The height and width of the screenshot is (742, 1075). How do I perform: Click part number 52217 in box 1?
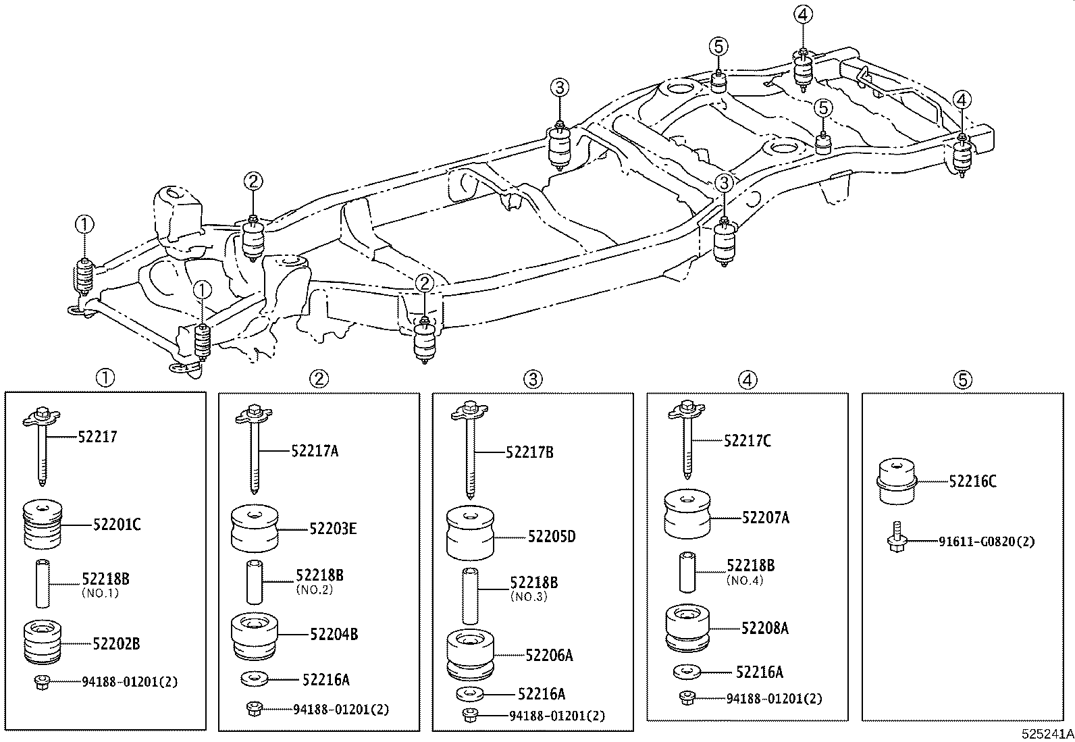coord(97,437)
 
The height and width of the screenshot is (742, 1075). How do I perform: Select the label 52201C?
coord(117,524)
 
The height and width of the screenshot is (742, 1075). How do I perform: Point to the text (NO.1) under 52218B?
coord(100,593)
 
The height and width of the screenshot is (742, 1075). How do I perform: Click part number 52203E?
coord(333,529)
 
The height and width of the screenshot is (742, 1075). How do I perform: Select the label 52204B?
coord(334,634)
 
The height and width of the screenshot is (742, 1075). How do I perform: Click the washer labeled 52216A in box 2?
coord(254,678)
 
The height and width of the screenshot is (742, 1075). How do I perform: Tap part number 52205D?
coord(552,537)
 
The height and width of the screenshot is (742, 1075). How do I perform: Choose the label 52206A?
coord(549,655)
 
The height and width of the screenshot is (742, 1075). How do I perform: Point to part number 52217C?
coord(747,441)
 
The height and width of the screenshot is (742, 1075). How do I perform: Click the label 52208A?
coord(764,628)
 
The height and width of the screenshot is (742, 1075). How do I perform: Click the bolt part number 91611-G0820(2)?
coord(987,541)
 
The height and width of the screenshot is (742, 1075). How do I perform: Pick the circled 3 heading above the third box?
coord(533,379)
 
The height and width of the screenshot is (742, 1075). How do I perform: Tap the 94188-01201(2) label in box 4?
coord(774,699)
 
